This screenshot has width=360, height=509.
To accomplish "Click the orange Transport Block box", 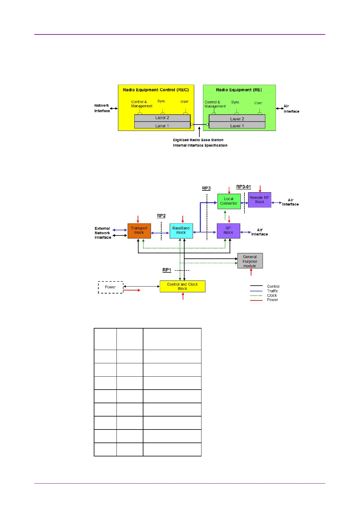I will [139, 231].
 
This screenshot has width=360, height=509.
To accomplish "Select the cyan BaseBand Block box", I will [181, 231].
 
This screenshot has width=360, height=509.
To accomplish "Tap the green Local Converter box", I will [229, 201].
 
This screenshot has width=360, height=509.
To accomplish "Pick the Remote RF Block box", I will [260, 200].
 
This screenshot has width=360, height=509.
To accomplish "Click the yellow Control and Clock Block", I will [182, 286].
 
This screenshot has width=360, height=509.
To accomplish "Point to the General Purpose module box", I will [250, 261].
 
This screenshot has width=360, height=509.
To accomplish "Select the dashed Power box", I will [111, 287].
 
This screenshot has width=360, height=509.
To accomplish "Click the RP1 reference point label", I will [167, 270].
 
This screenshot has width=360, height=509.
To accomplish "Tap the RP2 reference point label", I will [161, 216].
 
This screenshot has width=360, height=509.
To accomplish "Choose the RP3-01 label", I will [244, 187].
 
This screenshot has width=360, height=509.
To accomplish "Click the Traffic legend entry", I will [272, 291].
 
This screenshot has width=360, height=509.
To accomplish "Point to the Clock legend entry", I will [272, 296].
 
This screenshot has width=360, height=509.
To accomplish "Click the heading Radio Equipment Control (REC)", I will [156, 90].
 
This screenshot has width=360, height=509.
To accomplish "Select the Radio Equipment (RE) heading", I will [239, 90].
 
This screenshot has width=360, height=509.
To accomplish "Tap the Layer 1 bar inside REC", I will [162, 125].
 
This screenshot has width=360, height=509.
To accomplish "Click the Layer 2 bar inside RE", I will [237, 118].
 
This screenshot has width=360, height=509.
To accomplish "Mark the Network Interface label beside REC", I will [102, 108].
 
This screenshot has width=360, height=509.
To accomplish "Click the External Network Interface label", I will [103, 233].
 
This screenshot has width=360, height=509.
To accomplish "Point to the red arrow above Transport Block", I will [138, 219].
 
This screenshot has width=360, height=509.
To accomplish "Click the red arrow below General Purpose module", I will [251, 272].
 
